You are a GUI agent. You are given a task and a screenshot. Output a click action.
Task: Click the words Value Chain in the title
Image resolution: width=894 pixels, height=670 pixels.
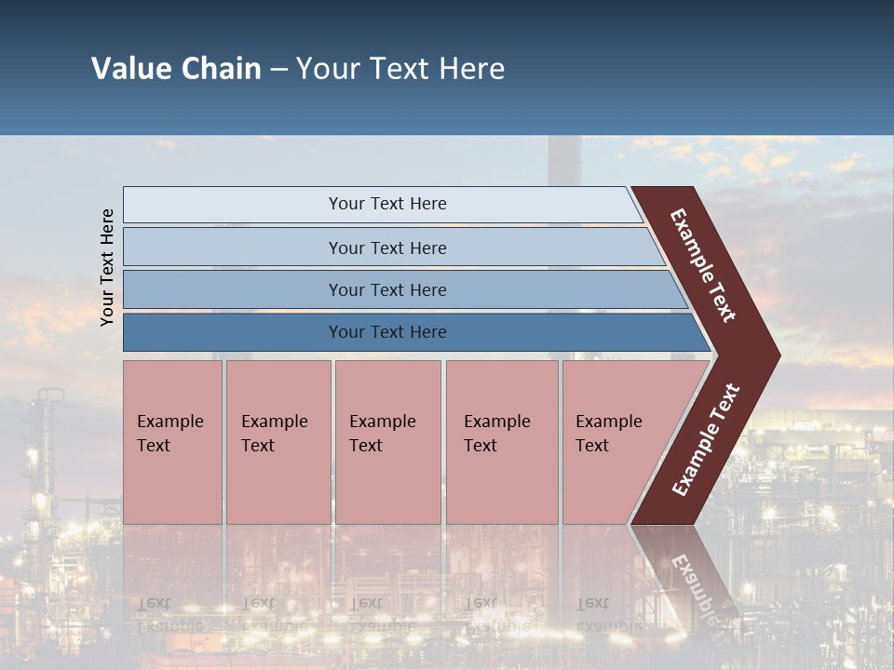(176, 69)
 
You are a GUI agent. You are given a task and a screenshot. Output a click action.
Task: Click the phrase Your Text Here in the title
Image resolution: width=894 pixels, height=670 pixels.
(400, 69)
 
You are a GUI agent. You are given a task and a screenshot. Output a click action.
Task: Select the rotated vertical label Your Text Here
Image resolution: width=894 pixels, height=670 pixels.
(107, 267)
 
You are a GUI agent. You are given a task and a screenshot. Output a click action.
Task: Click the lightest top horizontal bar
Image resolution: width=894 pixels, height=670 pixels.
(233, 205)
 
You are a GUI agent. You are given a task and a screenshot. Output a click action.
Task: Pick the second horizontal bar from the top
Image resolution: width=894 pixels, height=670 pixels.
(233, 248)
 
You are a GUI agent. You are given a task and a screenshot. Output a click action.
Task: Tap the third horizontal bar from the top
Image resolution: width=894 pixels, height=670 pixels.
(233, 289)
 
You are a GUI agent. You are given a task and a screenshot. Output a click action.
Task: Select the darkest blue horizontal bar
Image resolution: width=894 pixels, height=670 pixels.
(233, 332)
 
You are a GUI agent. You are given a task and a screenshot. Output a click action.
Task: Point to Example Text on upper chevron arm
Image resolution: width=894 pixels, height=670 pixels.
(704, 265)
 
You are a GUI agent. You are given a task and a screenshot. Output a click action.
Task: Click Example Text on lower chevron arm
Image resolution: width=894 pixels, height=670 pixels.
(706, 440)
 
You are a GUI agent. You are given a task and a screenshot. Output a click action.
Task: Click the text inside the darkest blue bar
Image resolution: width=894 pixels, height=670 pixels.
(387, 332)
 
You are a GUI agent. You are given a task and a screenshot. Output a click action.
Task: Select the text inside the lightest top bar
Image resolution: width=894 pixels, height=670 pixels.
(387, 204)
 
